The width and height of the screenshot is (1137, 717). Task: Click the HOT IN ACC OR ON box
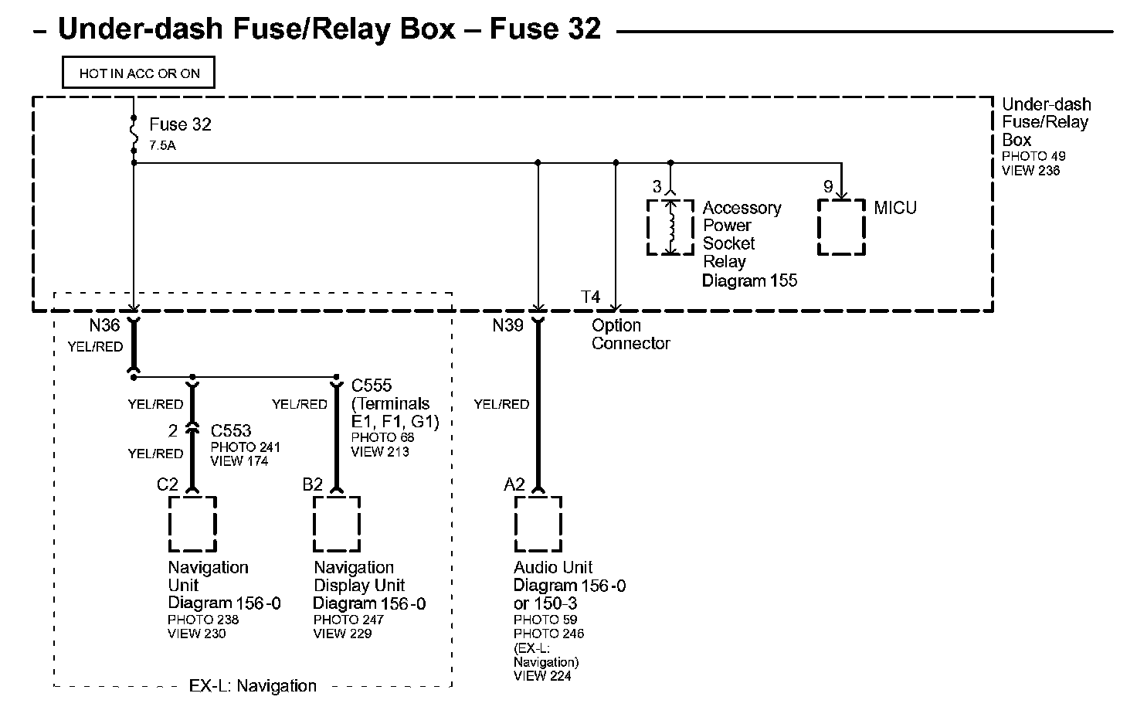pos(139,73)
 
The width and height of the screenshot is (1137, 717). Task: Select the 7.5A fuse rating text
pos(162,145)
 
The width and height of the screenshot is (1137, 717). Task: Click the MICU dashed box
pos(841,227)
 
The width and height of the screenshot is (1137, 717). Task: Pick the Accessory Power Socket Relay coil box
pos(670,227)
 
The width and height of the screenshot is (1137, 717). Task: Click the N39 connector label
pos(507,325)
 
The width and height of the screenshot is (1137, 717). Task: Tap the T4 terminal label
pos(590,297)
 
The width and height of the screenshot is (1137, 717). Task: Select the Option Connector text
pos(630,335)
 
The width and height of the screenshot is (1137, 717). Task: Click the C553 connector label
pos(231,431)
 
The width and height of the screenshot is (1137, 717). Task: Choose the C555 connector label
pos(372,386)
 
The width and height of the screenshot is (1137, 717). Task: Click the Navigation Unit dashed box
pos(192,524)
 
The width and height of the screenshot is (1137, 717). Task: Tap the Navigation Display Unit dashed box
pos(337,524)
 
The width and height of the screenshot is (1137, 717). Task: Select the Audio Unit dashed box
pos(538,524)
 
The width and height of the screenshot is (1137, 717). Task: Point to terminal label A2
pos(514,484)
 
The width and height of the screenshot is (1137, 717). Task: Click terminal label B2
pos(312,484)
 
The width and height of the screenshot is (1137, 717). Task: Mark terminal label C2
pos(168,484)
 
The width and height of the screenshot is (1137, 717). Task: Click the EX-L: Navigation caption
pos(253,686)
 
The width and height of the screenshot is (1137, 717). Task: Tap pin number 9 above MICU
pos(828,187)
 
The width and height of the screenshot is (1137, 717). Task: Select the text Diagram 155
pos(749,280)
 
